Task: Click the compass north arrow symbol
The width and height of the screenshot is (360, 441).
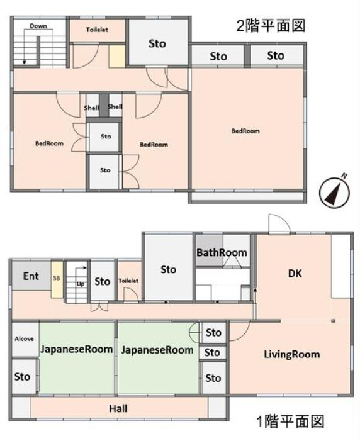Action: point(334,193)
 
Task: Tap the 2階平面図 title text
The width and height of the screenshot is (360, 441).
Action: point(271,26)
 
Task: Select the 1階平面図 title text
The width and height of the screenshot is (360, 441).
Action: point(290,421)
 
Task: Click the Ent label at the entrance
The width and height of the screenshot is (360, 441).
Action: point(31,276)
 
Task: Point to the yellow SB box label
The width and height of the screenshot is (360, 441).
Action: point(57,278)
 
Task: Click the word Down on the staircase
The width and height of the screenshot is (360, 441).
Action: point(38,26)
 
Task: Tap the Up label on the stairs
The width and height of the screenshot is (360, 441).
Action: point(81,284)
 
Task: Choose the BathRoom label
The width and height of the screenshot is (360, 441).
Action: point(222,252)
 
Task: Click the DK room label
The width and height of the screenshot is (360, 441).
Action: point(295,274)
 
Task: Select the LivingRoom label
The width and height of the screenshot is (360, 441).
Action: point(292,354)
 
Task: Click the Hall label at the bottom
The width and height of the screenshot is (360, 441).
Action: point(118,408)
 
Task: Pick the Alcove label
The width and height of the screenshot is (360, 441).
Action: point(24,339)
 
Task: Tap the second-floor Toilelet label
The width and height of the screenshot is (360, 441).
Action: point(97,30)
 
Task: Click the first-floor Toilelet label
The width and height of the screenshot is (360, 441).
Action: point(128,281)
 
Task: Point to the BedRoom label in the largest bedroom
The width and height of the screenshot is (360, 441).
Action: point(245,131)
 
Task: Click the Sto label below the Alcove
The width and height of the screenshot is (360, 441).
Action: point(22,377)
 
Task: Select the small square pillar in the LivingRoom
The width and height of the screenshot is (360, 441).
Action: point(334,321)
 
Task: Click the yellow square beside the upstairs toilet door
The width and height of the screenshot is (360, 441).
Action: point(117,56)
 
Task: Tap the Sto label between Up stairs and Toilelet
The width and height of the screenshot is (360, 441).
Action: point(102,282)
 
